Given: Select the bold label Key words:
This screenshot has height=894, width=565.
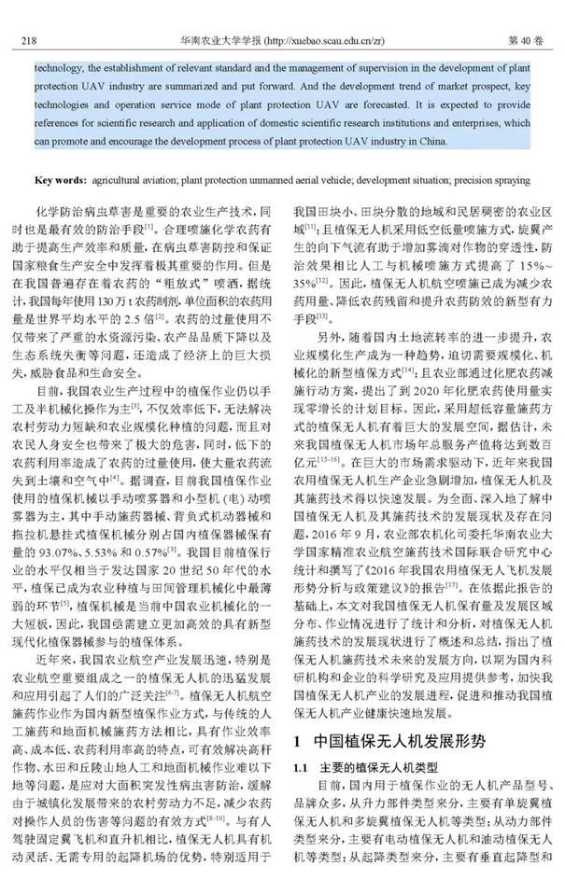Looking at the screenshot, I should coord(64,179).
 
